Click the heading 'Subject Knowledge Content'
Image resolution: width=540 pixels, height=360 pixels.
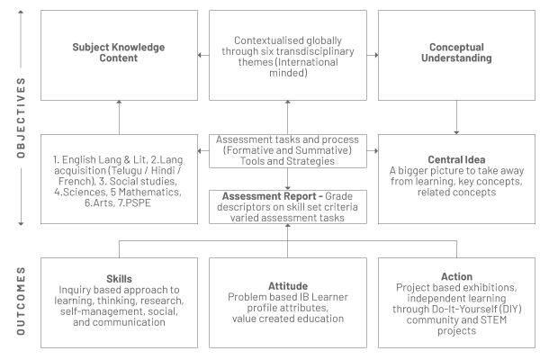pos(119,52)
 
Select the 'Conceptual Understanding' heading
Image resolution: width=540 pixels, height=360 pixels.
pos(456,52)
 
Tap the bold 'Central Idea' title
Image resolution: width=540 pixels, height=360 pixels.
pos(456,159)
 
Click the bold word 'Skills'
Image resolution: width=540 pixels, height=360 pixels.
pos(119,279)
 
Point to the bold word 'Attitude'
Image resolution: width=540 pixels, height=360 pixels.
pos(288,286)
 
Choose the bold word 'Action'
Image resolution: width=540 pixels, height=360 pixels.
pos(456,276)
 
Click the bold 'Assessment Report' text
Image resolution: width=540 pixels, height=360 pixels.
pos(269,196)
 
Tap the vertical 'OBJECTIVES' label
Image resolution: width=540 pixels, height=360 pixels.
pos(21,118)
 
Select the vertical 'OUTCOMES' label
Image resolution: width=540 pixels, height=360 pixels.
pos(21,301)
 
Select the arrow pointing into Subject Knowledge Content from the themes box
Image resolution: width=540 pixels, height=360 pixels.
pos(203,55)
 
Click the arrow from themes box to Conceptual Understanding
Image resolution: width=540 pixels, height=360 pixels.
pos(373,55)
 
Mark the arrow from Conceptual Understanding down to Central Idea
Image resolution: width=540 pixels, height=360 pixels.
pos(456,118)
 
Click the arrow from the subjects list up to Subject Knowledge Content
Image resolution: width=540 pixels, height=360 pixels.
pos(119,118)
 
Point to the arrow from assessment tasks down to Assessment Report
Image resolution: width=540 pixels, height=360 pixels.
pos(288,179)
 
